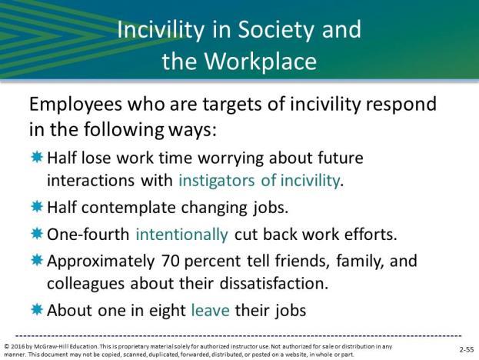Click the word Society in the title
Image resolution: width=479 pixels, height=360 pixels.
click(276, 31)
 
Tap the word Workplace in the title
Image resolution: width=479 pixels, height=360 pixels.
click(261, 61)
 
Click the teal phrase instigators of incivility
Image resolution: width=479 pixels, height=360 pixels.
click(259, 181)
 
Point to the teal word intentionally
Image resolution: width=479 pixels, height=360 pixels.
click(181, 235)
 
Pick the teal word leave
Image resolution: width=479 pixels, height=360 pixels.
click(210, 311)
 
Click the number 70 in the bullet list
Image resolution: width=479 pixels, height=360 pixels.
click(170, 262)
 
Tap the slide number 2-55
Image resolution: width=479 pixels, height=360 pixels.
click(467, 350)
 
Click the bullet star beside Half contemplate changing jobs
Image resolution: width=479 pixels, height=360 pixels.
click(37, 207)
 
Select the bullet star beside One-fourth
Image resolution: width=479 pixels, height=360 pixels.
click(37, 234)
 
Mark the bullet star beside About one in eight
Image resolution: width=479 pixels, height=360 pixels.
click(37, 309)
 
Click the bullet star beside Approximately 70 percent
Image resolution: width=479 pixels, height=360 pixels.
click(37, 260)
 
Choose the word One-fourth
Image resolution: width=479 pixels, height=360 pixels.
click(88, 235)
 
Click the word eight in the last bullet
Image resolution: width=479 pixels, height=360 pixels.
click(167, 311)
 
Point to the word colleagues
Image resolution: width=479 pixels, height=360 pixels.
click(85, 284)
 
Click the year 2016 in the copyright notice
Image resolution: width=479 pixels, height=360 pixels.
click(17, 347)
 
